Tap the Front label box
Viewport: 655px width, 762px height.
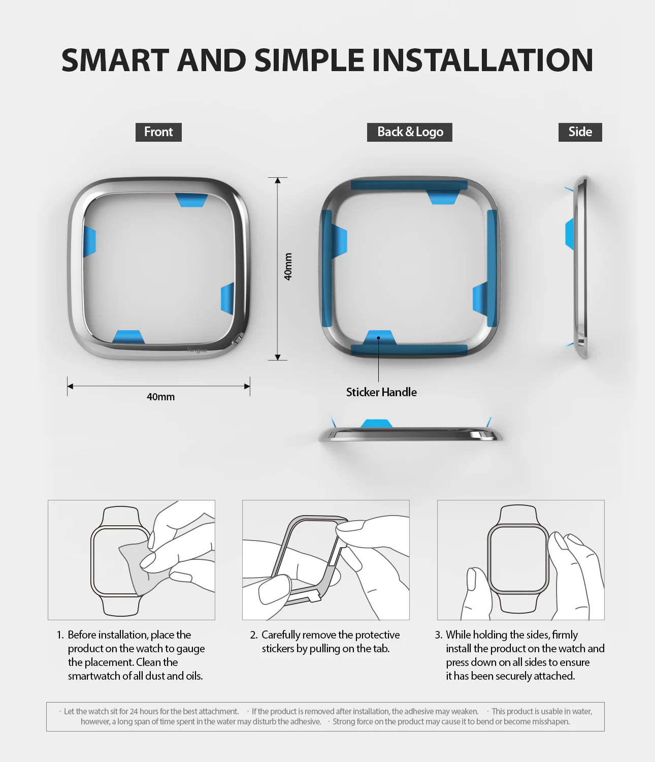pyautogui.click(x=158, y=132)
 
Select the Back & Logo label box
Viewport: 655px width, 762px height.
pyautogui.click(x=410, y=132)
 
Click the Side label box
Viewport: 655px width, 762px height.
pyautogui.click(x=580, y=132)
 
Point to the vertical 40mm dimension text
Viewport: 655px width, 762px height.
pyautogui.click(x=288, y=267)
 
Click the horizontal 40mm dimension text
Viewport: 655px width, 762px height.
pyautogui.click(x=160, y=397)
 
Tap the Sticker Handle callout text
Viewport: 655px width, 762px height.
pyautogui.click(x=381, y=392)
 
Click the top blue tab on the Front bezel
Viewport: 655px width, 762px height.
pyautogui.click(x=191, y=200)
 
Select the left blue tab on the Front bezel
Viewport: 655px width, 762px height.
pyautogui.click(x=89, y=241)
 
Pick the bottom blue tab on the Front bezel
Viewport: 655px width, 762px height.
pyautogui.click(x=128, y=337)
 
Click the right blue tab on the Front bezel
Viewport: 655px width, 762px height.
pyautogui.click(x=227, y=298)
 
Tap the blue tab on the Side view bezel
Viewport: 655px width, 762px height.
pyautogui.click(x=569, y=234)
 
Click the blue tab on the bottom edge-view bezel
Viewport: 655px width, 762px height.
pyautogui.click(x=376, y=424)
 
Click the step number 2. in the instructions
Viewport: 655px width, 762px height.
pyautogui.click(x=254, y=635)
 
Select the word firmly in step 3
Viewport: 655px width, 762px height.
pyautogui.click(x=565, y=635)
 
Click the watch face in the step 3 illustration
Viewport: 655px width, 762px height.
pyautogui.click(x=518, y=559)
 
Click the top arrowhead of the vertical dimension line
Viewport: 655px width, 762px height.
pyautogui.click(x=277, y=181)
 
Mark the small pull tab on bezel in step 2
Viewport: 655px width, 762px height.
pyautogui.click(x=315, y=598)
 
